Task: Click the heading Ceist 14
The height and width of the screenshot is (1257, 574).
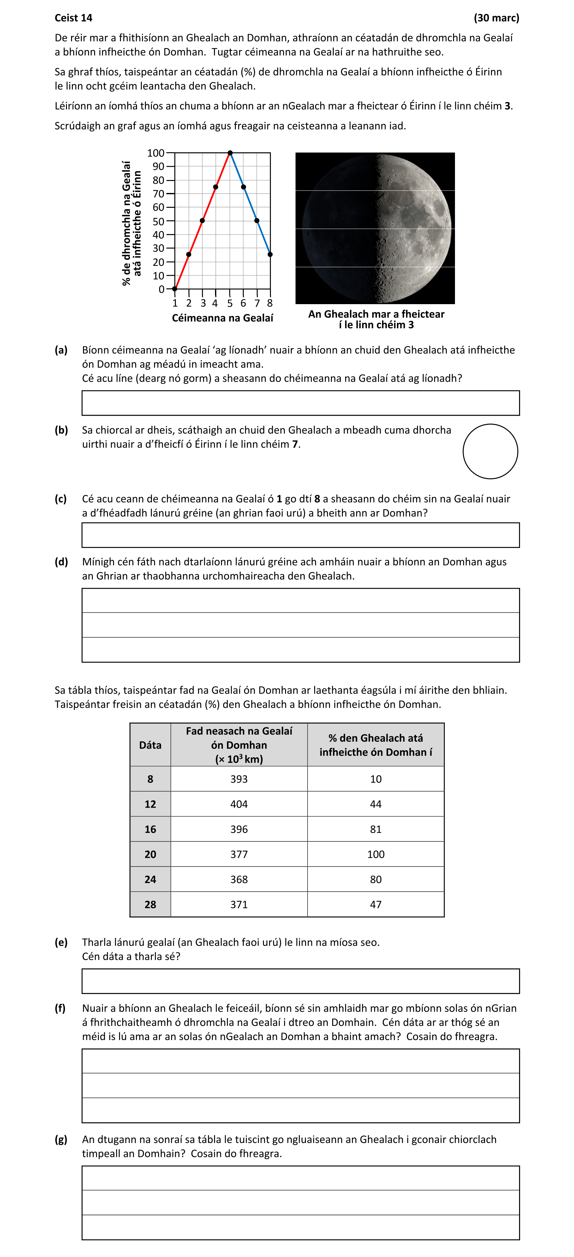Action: [73, 18]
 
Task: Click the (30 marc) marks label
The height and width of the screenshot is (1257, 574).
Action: [496, 18]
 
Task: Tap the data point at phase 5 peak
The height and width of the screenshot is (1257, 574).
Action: [230, 153]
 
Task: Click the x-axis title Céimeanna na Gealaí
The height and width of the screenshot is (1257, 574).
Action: [222, 318]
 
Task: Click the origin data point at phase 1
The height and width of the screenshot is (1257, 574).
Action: [175, 289]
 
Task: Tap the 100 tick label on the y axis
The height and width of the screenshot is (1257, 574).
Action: [156, 153]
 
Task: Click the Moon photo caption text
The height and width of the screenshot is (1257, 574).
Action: [376, 319]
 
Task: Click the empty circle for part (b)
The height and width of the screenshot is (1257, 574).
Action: [490, 451]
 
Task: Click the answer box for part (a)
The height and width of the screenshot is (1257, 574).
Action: [300, 403]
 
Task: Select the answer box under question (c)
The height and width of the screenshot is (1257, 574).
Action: [300, 535]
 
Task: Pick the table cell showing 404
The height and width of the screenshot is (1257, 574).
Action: [239, 804]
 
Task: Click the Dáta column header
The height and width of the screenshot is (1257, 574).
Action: [150, 745]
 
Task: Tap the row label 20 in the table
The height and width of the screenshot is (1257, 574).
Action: [150, 854]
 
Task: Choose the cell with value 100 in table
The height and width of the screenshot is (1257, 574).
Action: [375, 854]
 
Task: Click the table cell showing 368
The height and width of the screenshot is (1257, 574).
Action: [239, 879]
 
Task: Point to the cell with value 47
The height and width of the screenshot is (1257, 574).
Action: [375, 905]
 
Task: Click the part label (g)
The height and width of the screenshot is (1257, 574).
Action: [61, 1140]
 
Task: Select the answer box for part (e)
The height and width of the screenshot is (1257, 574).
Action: [300, 981]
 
